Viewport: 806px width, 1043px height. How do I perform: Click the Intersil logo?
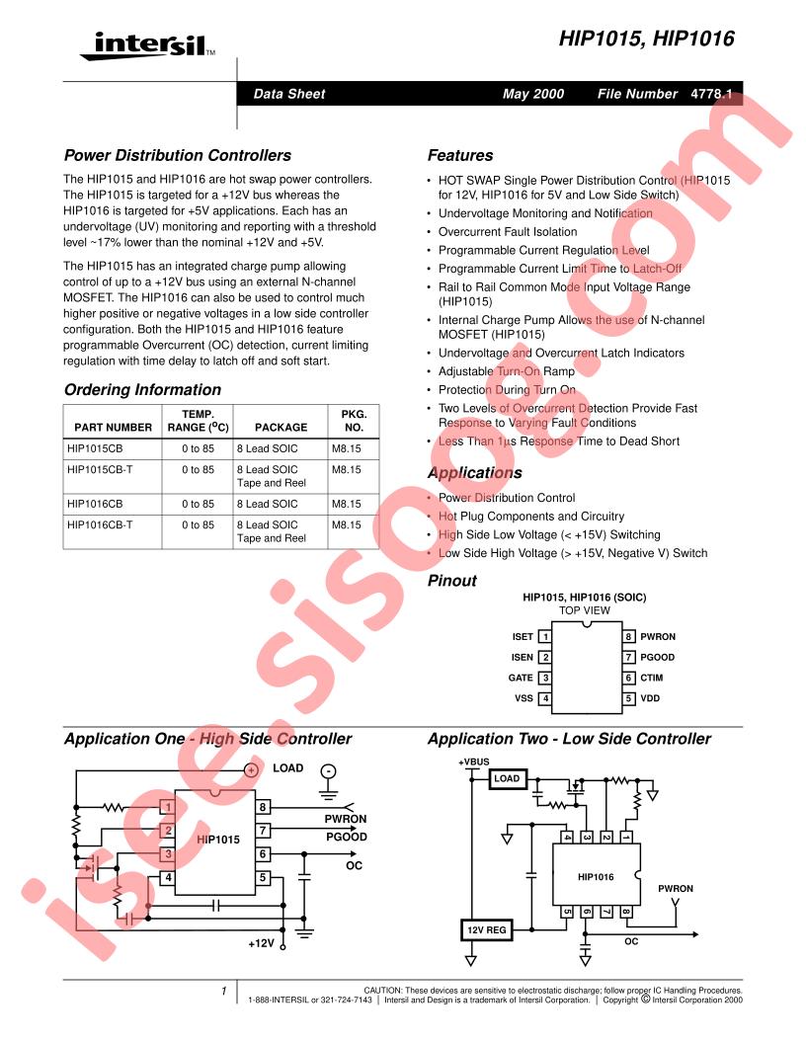click(x=147, y=45)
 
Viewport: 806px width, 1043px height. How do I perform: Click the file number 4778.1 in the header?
click(x=711, y=94)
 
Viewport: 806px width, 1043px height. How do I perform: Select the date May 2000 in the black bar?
click(x=532, y=94)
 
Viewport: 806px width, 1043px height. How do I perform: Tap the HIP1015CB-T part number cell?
click(x=100, y=469)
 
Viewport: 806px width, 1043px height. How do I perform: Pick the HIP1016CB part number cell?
click(x=95, y=504)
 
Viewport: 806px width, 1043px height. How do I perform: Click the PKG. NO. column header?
click(x=354, y=421)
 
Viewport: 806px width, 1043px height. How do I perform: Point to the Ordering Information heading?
click(x=142, y=390)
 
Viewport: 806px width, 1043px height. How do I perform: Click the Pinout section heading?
click(x=451, y=581)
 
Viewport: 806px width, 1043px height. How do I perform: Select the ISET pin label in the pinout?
click(x=523, y=637)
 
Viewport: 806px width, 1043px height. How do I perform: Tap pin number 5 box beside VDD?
click(x=628, y=698)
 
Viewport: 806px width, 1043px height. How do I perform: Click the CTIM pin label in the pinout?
click(x=652, y=678)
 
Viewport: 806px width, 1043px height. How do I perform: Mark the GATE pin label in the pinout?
click(x=520, y=678)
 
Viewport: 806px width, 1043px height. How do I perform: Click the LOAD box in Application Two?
click(x=507, y=778)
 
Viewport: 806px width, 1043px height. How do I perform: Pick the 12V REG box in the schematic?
click(x=486, y=930)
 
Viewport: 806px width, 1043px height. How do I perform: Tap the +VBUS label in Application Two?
click(x=473, y=762)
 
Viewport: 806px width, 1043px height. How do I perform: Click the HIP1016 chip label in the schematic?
click(x=596, y=877)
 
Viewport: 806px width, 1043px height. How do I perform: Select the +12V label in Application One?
click(x=261, y=943)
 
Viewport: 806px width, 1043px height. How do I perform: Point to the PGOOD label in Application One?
click(x=346, y=837)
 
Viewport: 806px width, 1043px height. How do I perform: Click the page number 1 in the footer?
click(x=224, y=991)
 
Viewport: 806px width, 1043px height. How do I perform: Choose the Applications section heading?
click(x=475, y=473)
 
